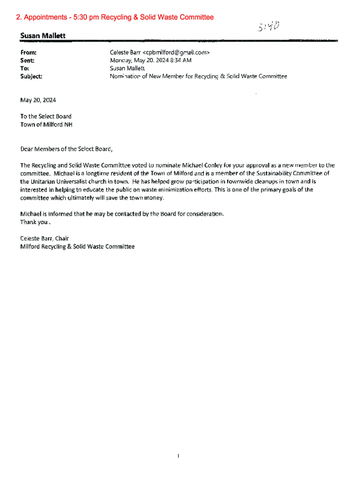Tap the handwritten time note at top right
270,27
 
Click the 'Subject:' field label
31,76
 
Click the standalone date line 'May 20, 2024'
38,100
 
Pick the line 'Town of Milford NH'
46,124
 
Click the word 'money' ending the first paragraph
154,197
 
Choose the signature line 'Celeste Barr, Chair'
44,238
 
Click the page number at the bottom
179,456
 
